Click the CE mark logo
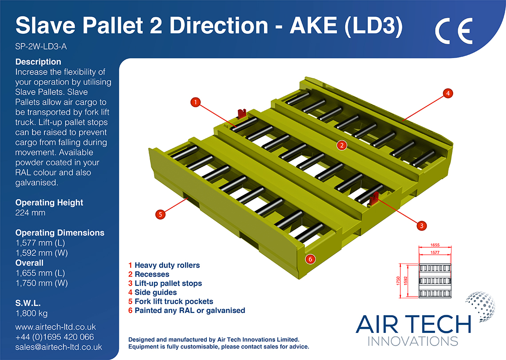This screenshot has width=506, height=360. point(453,31)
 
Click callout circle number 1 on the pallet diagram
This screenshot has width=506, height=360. point(195,103)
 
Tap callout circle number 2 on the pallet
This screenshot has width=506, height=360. point(341,145)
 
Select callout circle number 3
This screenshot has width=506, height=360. point(421,225)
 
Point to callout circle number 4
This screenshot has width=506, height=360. point(449,93)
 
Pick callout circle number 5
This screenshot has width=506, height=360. point(161,214)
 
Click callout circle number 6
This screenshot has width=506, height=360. point(311,258)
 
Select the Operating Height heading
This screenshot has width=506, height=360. point(49,202)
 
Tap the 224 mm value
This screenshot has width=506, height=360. point(30,213)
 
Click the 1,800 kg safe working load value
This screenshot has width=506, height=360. point(32,314)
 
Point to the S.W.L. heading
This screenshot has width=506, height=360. point(28,304)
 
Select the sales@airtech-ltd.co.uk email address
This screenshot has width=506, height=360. point(59,347)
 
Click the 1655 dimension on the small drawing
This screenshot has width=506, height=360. point(435,245)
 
